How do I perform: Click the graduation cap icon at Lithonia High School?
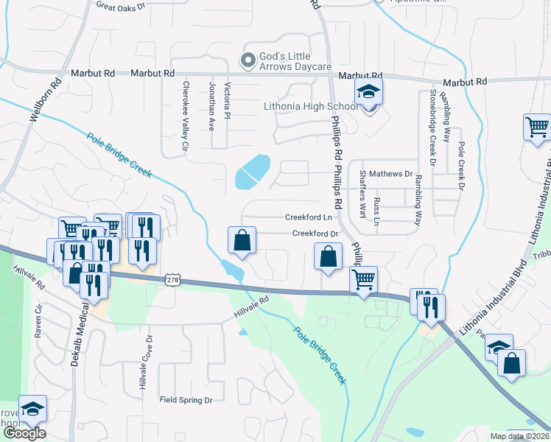coord(368,93)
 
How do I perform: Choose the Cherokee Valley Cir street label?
coord(184,116)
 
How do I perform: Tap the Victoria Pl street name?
coord(228,101)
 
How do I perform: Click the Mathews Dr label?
coord(391,174)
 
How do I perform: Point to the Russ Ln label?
coord(377,211)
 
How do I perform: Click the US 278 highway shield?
coord(172,281)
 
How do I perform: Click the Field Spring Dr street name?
coord(186,400)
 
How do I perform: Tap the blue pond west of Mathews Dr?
coord(251,172)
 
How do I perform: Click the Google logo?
coord(24,433)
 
